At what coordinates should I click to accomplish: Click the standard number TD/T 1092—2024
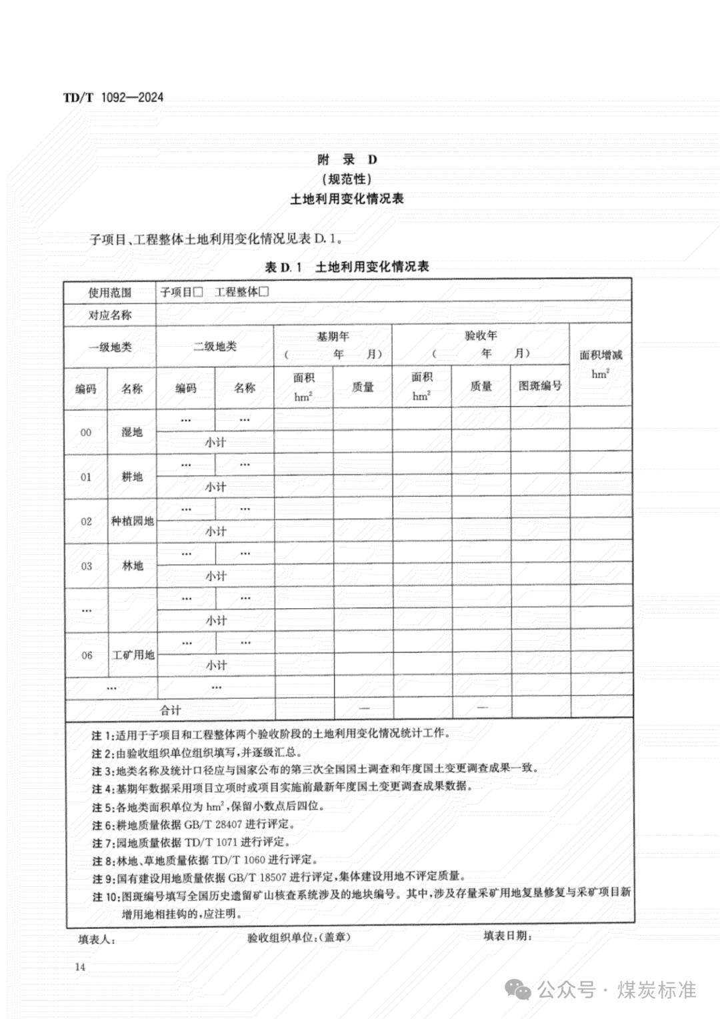(113, 97)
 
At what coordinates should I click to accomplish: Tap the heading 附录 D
(347, 159)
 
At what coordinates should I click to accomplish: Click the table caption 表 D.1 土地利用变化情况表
(347, 267)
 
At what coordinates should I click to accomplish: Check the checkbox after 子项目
(198, 292)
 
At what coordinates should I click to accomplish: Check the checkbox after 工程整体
(263, 292)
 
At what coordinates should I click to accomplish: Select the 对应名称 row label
(110, 315)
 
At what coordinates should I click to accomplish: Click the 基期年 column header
(333, 337)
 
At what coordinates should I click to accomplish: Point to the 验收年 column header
(481, 335)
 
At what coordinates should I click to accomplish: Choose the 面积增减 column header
(600, 355)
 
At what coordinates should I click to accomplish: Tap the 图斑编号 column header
(540, 385)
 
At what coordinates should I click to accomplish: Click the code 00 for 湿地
(86, 432)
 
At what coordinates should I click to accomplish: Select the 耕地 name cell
(132, 477)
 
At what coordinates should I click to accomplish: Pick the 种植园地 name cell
(132, 521)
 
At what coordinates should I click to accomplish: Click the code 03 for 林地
(87, 566)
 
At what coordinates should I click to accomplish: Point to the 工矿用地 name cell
(133, 655)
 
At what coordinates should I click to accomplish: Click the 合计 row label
(171, 710)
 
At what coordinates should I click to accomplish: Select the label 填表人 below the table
(97, 940)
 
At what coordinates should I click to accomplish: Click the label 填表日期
(507, 936)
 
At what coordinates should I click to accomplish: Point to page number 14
(81, 967)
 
